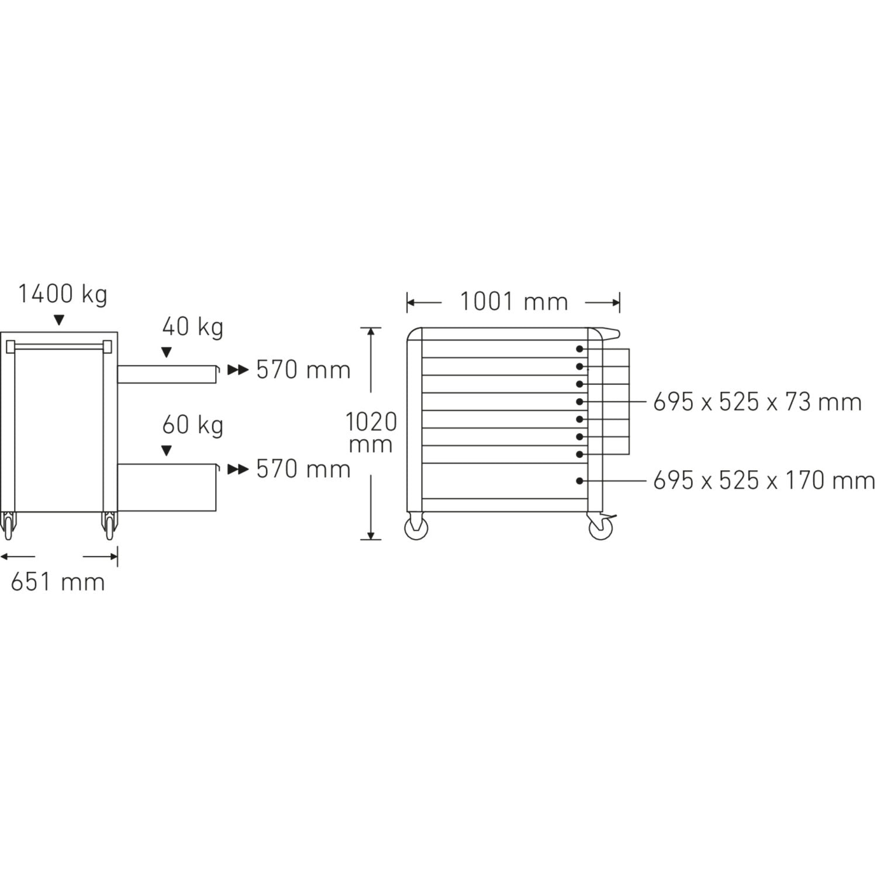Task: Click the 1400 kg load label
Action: [x=63, y=294]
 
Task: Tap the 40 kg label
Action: [x=193, y=327]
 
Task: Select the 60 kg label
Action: [x=193, y=425]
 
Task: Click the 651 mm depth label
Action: [x=58, y=582]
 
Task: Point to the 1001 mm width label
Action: [x=514, y=302]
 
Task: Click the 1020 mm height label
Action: [x=371, y=433]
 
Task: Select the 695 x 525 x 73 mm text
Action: [x=758, y=402]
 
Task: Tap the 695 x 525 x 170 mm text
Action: [x=764, y=481]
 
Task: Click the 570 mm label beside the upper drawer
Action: [x=303, y=370]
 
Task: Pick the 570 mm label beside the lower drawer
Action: [x=303, y=469]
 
